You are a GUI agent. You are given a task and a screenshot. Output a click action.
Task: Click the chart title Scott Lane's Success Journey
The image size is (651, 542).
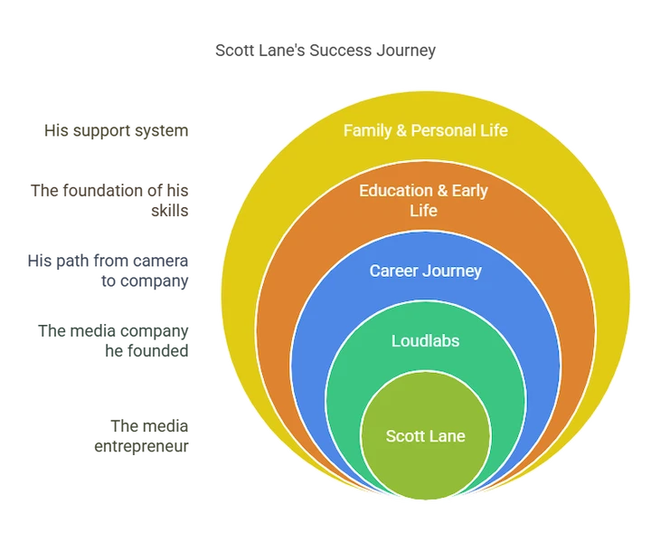click(325, 51)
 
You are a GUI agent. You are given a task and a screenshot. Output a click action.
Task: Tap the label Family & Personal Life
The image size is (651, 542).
click(426, 130)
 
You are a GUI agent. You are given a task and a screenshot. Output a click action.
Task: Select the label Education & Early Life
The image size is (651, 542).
click(423, 200)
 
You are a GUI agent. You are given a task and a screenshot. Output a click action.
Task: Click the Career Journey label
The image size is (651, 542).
click(426, 271)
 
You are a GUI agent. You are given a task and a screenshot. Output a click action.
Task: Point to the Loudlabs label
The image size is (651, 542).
click(426, 341)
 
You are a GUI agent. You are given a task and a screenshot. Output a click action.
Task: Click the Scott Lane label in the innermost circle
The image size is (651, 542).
click(426, 436)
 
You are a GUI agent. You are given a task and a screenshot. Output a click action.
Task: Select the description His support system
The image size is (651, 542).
click(117, 130)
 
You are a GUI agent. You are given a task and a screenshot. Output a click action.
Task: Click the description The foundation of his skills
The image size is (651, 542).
click(109, 200)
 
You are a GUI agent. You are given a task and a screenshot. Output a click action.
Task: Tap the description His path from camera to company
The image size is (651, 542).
click(108, 271)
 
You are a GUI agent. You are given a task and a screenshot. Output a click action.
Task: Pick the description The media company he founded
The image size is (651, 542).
click(113, 341)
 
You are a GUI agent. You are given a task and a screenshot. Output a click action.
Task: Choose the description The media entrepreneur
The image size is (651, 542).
click(142, 436)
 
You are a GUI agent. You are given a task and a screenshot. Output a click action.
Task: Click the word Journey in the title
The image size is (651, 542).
click(406, 51)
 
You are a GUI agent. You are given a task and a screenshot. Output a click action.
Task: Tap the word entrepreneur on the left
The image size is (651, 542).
click(142, 447)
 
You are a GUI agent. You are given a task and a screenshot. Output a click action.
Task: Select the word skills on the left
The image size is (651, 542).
click(170, 210)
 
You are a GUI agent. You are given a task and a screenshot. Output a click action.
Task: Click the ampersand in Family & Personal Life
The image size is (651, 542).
click(401, 130)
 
